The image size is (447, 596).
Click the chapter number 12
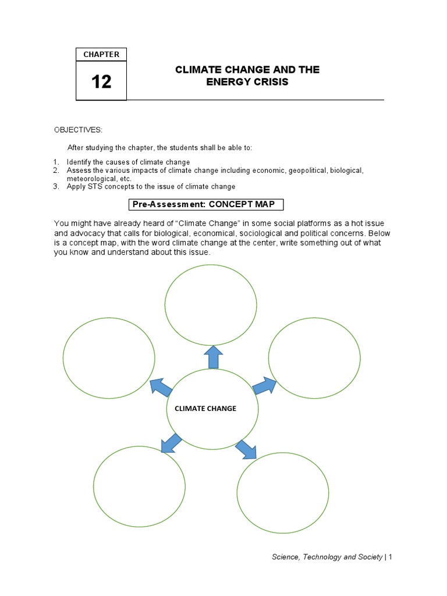(101, 81)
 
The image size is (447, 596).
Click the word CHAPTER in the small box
(101, 55)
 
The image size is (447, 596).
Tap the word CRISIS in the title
(268, 82)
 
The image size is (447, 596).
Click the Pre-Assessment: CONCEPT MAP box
(205, 204)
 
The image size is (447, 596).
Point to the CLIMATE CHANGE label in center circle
(205, 409)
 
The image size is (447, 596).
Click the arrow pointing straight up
(213, 356)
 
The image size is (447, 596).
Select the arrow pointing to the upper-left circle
(161, 386)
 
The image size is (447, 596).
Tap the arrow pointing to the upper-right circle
(265, 385)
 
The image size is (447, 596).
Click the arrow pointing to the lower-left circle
(171, 442)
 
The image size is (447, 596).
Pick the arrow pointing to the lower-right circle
(246, 449)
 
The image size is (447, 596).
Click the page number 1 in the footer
(391, 557)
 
